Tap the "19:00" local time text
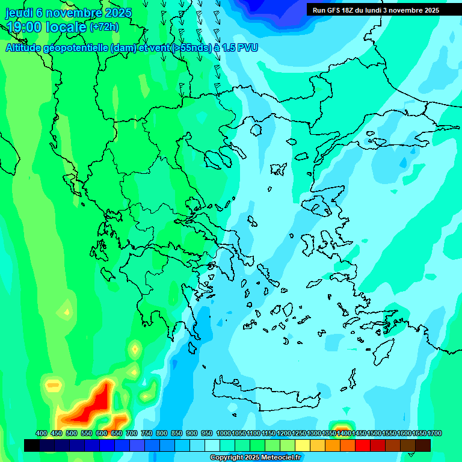click(x=24, y=27)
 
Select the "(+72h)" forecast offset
click(x=104, y=27)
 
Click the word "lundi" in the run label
click(x=383, y=10)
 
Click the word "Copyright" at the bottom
click(x=227, y=458)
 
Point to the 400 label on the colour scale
click(x=42, y=434)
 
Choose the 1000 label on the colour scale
click(x=224, y=434)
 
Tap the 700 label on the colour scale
click(x=132, y=434)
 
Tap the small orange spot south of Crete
click(x=343, y=428)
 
